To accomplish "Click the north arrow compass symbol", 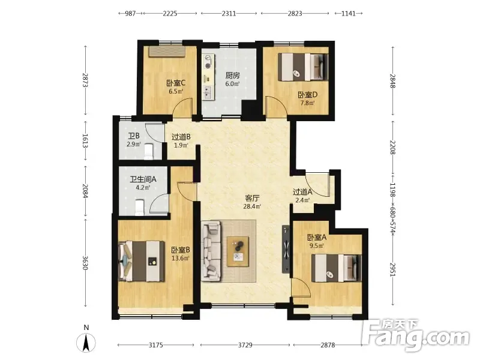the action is click(86, 343).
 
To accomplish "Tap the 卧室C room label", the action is click(176, 83).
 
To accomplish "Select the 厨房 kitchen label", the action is click(232, 76).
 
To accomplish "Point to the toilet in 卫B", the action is click(148, 152).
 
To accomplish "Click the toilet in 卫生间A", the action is click(140, 207).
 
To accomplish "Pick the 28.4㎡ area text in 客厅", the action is click(252, 206).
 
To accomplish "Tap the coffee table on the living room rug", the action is click(238, 251).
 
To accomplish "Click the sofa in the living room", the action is click(211, 251).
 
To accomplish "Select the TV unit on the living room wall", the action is click(286, 249).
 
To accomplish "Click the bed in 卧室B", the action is click(142, 261).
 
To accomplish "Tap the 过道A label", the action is click(302, 192).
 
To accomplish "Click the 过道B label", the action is click(181, 137).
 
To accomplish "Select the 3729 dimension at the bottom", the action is click(245, 345).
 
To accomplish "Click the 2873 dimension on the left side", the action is click(85, 80).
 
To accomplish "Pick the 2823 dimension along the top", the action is click(295, 13).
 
